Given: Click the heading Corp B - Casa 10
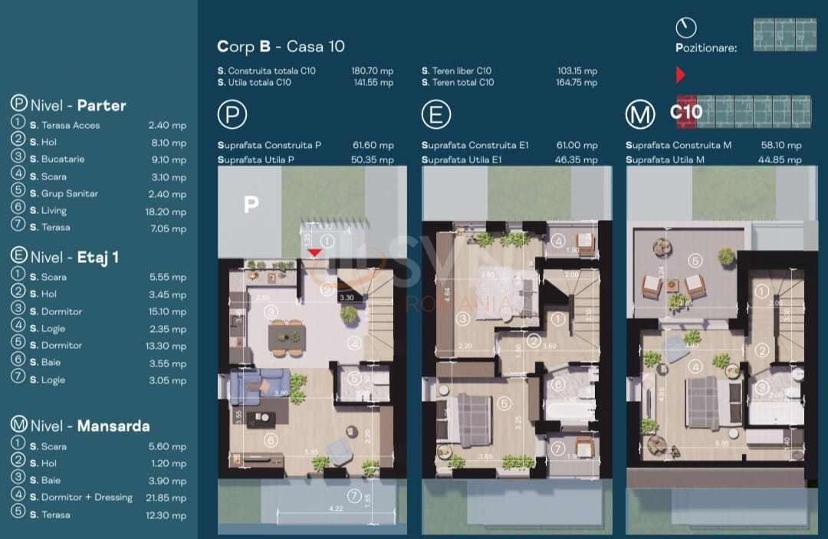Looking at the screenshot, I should coord(281,47).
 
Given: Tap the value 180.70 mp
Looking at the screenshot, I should coord(372,71).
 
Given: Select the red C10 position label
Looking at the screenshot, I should coord(685,112).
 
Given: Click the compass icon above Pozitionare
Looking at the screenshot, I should coord(686,28).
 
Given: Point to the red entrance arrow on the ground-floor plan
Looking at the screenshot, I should coord(314,253).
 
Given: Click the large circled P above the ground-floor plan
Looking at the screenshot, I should coord(232,115).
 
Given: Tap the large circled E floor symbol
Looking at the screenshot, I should coord(436,115).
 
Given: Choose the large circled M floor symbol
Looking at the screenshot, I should coord(640,115).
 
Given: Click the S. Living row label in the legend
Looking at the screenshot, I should coord(48,211).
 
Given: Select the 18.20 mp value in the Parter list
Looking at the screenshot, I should coord(167,212).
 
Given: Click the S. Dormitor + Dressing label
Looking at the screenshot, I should coord(81,498).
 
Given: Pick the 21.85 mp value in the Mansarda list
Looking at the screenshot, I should coord(167,498).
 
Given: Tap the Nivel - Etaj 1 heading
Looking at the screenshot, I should coord(74,256).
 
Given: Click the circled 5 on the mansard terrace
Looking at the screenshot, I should coord(694,261).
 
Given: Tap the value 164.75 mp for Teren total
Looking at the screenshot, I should coord(577,83).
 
